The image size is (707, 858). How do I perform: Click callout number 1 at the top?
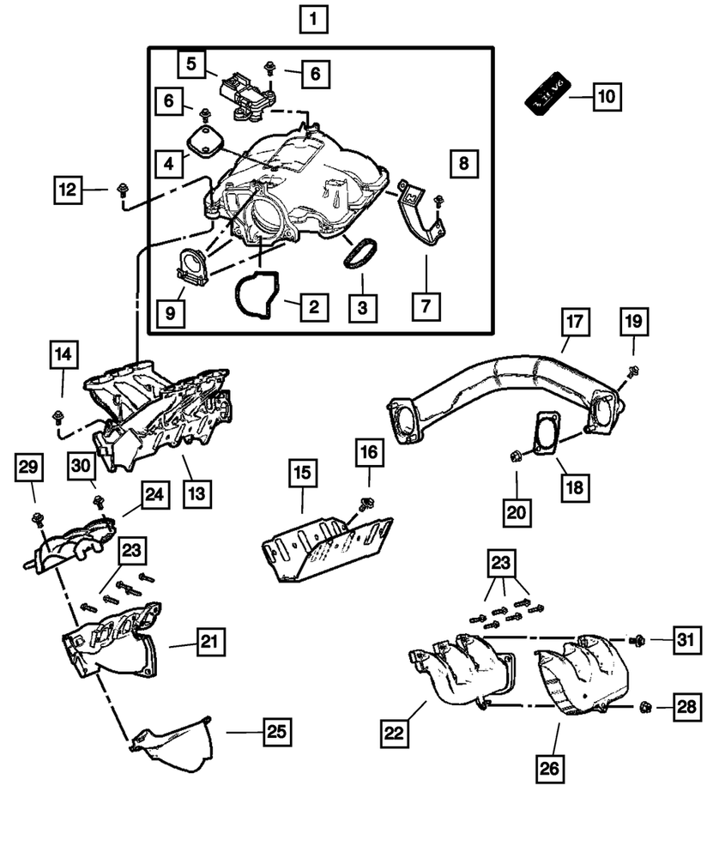(313, 18)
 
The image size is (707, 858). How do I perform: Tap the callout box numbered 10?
(606, 96)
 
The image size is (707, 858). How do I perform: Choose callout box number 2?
(313, 305)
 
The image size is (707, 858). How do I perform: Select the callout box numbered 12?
(69, 189)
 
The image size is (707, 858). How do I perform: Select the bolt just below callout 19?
(632, 372)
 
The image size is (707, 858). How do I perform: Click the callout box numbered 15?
(303, 473)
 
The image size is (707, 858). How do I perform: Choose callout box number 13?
(197, 493)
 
